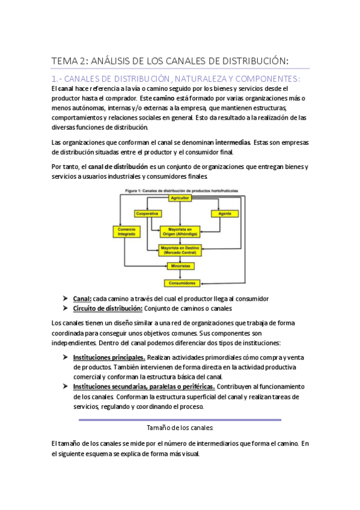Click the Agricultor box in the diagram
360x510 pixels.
[x=180, y=197]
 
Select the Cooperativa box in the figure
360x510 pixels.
[x=147, y=214]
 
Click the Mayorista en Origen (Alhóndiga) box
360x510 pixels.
[x=180, y=232]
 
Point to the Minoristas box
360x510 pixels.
[x=180, y=265]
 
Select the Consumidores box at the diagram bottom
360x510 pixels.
[x=180, y=282]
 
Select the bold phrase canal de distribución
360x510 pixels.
[x=118, y=166]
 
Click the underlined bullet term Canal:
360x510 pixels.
[x=82, y=298]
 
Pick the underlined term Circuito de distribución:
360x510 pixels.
[x=108, y=309]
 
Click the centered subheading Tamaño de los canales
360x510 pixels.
[x=180, y=428]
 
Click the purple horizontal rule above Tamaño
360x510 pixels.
[x=180, y=419]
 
